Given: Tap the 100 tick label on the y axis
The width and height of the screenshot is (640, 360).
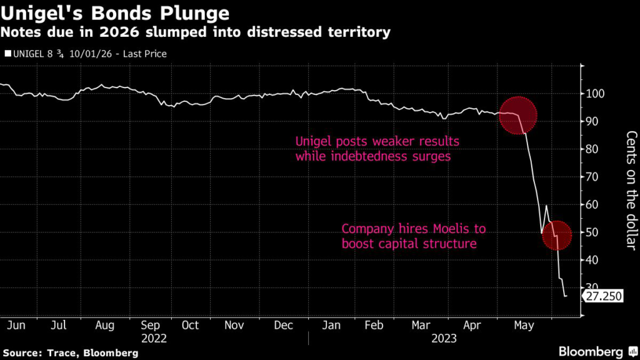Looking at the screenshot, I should [x=596, y=94].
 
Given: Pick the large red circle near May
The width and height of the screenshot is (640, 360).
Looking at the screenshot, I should [x=518, y=116].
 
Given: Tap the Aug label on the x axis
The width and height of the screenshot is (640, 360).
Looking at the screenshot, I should [x=104, y=325].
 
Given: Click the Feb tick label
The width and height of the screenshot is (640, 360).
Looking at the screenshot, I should [x=373, y=325].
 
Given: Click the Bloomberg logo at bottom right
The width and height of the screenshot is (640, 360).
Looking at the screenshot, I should [x=591, y=351].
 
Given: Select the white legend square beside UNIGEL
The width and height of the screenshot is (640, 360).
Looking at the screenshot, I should [x=7, y=54].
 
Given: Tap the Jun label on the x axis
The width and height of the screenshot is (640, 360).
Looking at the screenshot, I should [x=15, y=325].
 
